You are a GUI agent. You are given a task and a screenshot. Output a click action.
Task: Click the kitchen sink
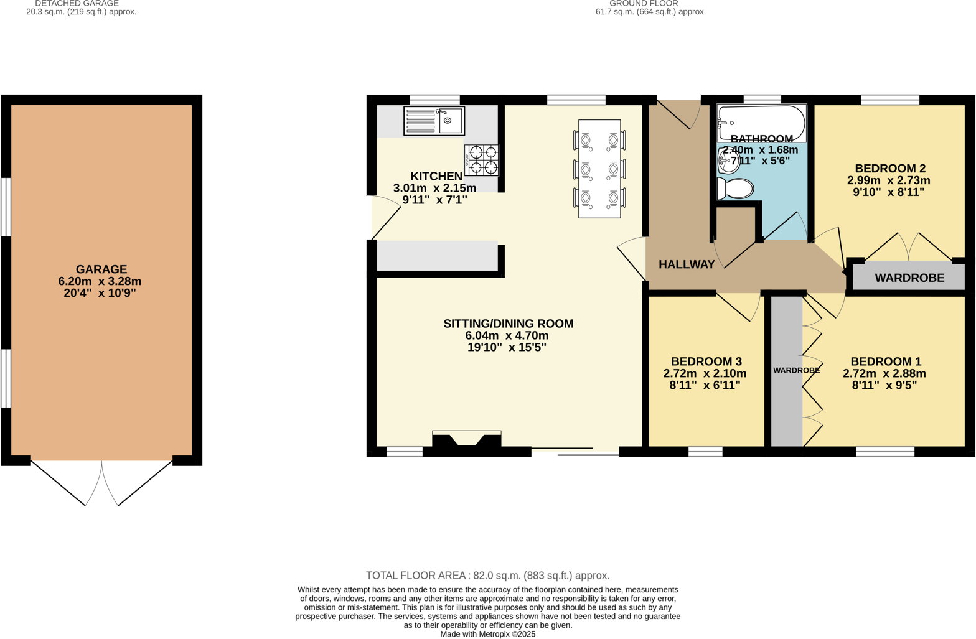[434, 121]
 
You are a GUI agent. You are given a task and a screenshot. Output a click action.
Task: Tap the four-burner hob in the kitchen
[482, 160]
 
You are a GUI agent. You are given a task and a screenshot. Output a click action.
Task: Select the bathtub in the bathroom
[761, 123]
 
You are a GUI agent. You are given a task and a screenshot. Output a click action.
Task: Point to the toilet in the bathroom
[735, 189]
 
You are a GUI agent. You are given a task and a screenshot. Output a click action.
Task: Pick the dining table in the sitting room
[599, 169]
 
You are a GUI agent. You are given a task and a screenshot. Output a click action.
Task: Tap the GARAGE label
[101, 269]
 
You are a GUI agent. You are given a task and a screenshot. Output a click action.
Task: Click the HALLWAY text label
[687, 264]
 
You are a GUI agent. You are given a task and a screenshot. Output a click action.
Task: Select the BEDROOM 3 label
[706, 361]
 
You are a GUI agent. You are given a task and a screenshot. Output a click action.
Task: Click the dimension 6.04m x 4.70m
[507, 335]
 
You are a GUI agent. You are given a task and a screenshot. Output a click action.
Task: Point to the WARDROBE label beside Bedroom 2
[909, 278]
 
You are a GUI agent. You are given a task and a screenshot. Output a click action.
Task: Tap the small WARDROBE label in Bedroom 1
[796, 370]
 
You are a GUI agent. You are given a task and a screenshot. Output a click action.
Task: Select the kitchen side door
[386, 218]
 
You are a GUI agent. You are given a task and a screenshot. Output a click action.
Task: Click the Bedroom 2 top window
[889, 100]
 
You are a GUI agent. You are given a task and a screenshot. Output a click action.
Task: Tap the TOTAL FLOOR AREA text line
[487, 576]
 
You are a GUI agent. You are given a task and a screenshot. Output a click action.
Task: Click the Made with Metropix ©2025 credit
[487, 634]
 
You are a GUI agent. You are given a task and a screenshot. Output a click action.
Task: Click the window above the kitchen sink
[434, 100]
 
